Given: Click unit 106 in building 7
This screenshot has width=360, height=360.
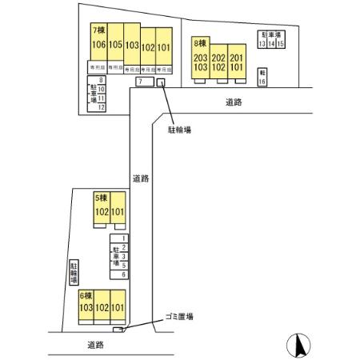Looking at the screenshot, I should coord(99,46).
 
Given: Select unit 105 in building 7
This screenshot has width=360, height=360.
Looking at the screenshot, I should coord(115,46).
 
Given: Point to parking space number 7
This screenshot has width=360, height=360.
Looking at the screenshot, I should coord(140,82).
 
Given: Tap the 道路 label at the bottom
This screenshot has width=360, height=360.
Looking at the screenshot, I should coord(96,345).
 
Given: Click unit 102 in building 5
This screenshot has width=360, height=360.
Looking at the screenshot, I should coord(102,212).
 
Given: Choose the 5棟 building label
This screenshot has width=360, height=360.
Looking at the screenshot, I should coord(101,198).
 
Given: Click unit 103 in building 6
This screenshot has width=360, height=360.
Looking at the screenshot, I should coord(86,307).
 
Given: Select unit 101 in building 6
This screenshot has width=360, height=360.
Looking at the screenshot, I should coord(118,307).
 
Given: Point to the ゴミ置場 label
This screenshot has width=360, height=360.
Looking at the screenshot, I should coord(178,317).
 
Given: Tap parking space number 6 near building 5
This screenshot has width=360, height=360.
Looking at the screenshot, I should coord(123,274).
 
